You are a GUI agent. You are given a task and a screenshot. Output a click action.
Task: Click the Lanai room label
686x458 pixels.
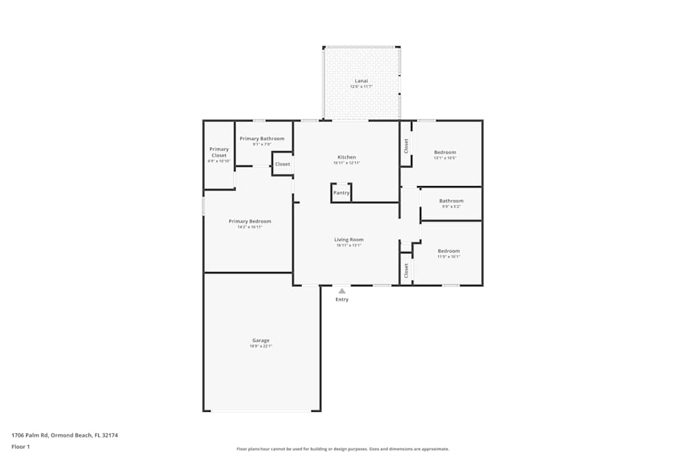point(361,81)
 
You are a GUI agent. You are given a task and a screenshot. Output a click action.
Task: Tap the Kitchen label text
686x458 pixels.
point(346,157)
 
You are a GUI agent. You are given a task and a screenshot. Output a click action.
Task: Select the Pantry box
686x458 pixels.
point(341,193)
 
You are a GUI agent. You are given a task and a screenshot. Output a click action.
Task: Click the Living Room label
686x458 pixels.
point(348,240)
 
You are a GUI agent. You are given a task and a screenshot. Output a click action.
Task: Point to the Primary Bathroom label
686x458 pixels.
point(261,139)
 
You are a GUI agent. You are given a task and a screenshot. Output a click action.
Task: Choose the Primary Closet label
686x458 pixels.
point(219,152)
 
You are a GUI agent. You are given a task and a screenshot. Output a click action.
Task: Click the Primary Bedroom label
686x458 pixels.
point(250,221)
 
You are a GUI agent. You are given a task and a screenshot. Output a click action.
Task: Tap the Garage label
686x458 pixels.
point(261,341)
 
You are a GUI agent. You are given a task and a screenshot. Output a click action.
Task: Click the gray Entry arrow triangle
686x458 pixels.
point(342,291)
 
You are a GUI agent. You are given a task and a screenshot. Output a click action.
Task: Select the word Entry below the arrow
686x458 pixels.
point(342,299)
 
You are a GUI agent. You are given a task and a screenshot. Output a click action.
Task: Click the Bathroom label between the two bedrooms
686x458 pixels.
point(451,201)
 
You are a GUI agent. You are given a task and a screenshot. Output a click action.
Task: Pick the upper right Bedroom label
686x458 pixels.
point(445,152)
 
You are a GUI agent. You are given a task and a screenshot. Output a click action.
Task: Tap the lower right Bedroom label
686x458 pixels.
point(449,251)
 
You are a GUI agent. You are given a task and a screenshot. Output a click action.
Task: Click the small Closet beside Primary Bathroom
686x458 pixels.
point(282,164)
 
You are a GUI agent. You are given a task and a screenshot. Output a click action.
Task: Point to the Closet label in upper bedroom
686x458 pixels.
point(406,146)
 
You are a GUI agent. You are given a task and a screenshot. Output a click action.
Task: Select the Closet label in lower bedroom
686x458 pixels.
point(406,270)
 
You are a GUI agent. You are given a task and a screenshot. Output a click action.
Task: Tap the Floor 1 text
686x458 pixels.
point(21,446)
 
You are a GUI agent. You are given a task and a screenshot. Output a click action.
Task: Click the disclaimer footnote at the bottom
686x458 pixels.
point(342,449)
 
